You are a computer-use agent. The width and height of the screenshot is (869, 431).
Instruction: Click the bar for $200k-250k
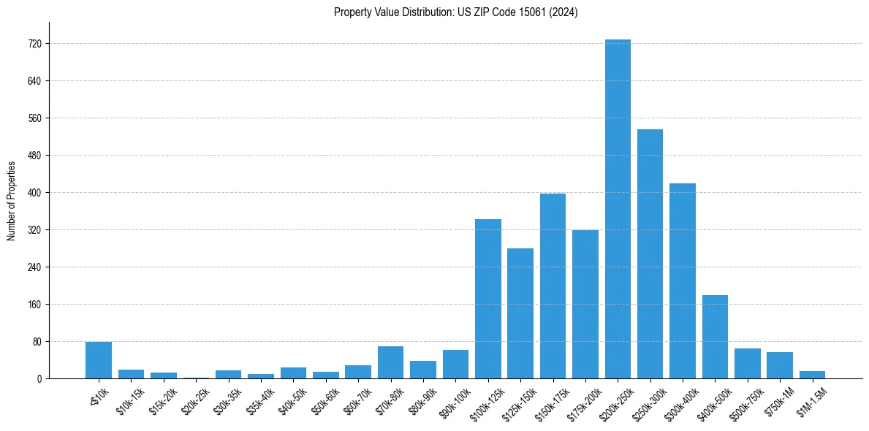[618, 209]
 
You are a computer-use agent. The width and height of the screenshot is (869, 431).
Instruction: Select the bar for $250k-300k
[650, 253]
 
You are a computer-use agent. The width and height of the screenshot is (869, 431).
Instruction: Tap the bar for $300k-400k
[683, 281]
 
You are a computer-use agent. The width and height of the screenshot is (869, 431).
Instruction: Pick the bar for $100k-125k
[488, 299]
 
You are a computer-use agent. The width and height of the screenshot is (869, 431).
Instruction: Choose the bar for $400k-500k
[715, 337]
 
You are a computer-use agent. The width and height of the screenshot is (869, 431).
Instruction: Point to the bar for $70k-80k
[391, 362]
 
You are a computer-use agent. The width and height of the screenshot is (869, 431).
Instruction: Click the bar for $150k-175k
[553, 286]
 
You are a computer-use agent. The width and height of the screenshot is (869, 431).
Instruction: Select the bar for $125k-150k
[520, 313]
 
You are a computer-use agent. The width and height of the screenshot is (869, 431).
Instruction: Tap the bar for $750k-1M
[780, 365]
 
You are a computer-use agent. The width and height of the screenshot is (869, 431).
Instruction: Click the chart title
[455, 12]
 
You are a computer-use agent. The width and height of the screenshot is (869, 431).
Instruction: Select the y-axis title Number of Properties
[12, 200]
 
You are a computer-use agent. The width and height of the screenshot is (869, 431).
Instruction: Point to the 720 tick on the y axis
[34, 44]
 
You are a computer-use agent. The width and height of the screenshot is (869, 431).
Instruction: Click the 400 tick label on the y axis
[34, 193]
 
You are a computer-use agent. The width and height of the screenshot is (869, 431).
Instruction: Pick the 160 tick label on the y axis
[34, 305]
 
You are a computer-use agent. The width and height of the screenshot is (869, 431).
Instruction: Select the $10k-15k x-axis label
[129, 400]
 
